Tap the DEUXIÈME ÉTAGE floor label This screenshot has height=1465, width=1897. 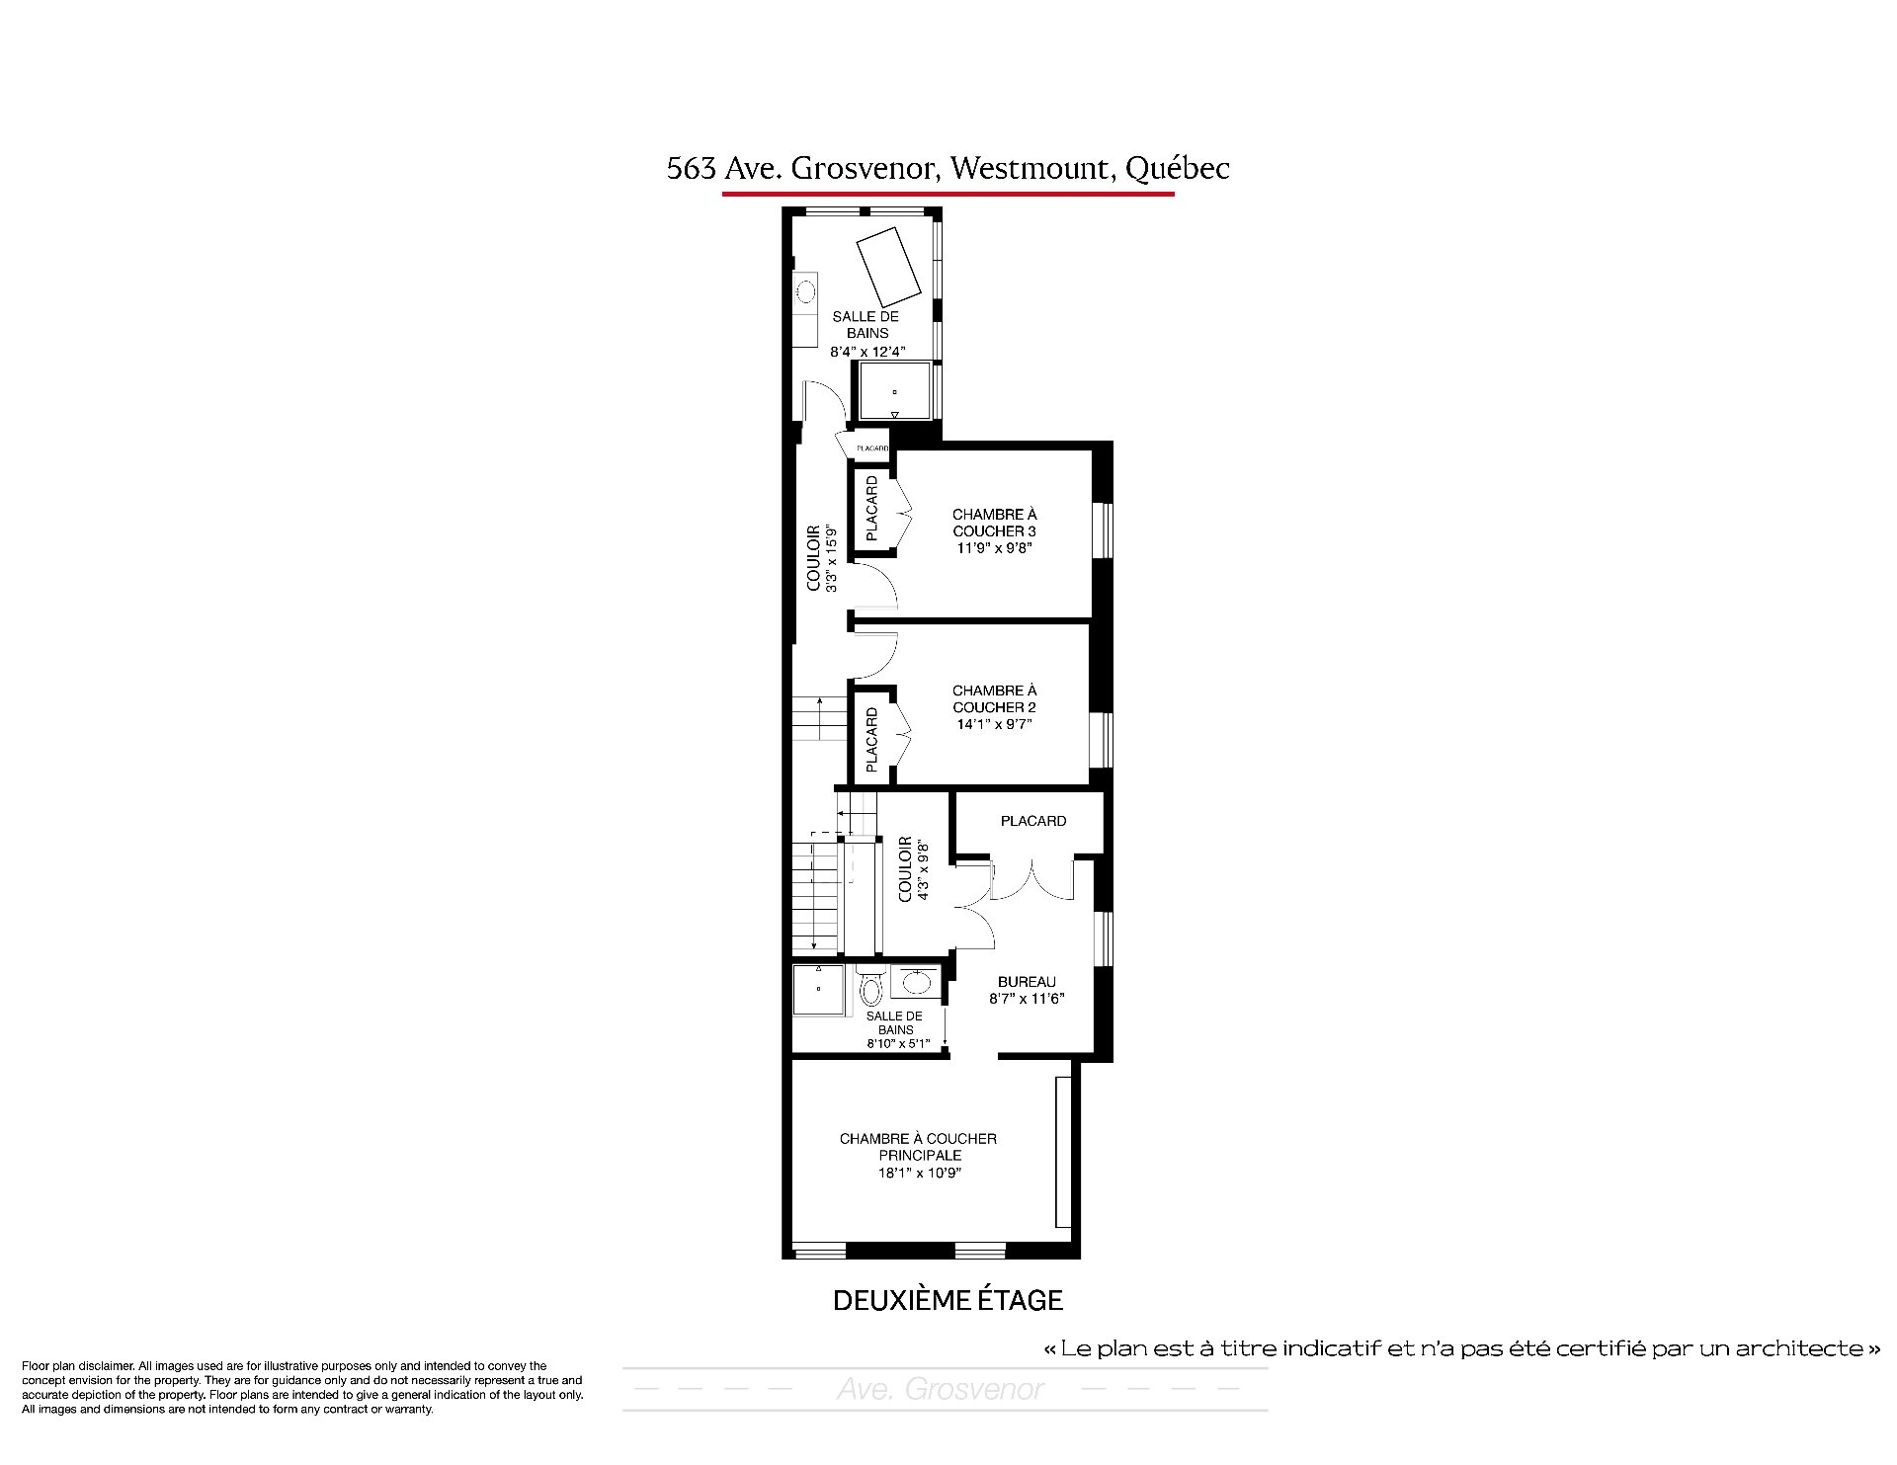click(x=948, y=1300)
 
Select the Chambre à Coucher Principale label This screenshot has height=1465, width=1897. click(x=918, y=1147)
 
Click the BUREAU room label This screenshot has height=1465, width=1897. click(x=1027, y=982)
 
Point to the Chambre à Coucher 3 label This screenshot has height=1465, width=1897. click(x=994, y=523)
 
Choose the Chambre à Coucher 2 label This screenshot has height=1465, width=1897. click(x=994, y=698)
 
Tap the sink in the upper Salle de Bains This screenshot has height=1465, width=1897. click(x=806, y=292)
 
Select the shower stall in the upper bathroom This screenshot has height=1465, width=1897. click(x=895, y=390)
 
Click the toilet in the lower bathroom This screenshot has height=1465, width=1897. click(x=870, y=987)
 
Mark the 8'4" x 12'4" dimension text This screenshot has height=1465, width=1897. click(x=867, y=351)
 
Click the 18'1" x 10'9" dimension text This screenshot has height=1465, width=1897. click(x=918, y=1173)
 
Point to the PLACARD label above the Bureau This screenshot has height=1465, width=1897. click(x=1032, y=821)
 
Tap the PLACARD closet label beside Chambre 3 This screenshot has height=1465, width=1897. click(x=871, y=509)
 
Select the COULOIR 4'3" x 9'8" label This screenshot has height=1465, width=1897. click(x=913, y=869)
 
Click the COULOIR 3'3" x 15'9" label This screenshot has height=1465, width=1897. click(x=821, y=558)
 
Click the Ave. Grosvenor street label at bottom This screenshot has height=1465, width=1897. click(x=941, y=1390)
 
